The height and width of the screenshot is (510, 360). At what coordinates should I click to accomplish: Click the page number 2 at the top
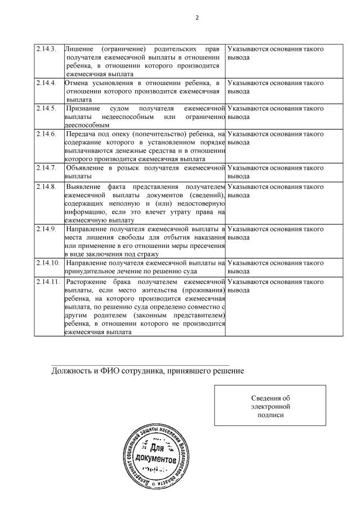click(x=197, y=17)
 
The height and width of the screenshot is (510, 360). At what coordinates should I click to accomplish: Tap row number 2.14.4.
click(x=45, y=83)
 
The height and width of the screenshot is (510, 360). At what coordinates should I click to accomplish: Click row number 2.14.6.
click(x=45, y=134)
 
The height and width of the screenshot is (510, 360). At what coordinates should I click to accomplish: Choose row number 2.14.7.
click(x=45, y=168)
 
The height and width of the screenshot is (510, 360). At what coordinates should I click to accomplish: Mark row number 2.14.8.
click(x=45, y=187)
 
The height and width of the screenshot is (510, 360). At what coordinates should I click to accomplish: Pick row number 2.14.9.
click(x=45, y=229)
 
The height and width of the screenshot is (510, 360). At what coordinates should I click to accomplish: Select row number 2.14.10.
click(x=46, y=263)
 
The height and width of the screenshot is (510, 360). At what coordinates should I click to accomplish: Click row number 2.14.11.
click(x=46, y=281)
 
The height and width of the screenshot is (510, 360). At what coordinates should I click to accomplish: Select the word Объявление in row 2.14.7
click(x=86, y=168)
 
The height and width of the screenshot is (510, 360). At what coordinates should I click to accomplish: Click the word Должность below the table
click(x=72, y=371)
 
